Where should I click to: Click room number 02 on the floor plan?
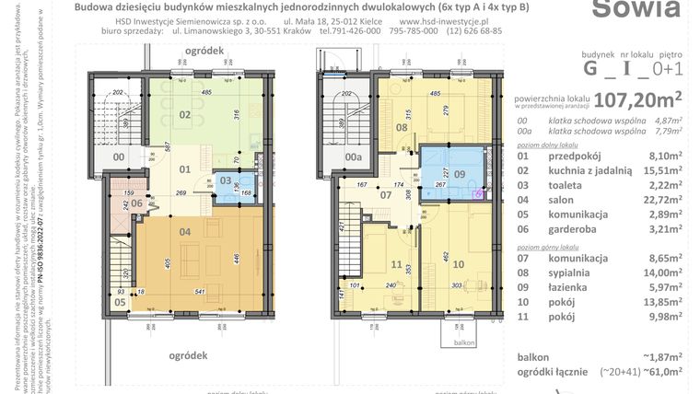coord(184,114)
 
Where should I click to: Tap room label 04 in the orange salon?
coord(184,231)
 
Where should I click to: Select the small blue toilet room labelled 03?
coord(227,181)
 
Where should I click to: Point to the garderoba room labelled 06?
coord(135,203)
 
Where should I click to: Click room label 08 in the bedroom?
coord(401,128)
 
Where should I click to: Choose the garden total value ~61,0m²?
coord(665,371)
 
